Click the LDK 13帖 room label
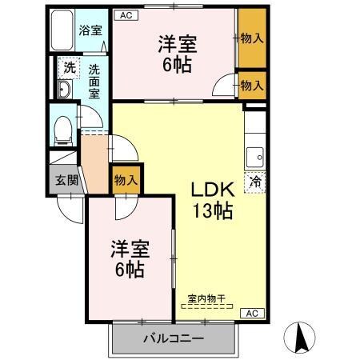[x=211, y=200]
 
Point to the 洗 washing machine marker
[x=69, y=69]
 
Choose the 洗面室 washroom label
[x=94, y=80]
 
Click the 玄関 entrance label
[x=67, y=179]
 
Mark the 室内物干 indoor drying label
[x=206, y=299]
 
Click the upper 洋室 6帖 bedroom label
[x=177, y=54]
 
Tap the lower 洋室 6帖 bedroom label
[x=128, y=259]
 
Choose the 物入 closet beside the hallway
[x=127, y=180]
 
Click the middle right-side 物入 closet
[x=251, y=84]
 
